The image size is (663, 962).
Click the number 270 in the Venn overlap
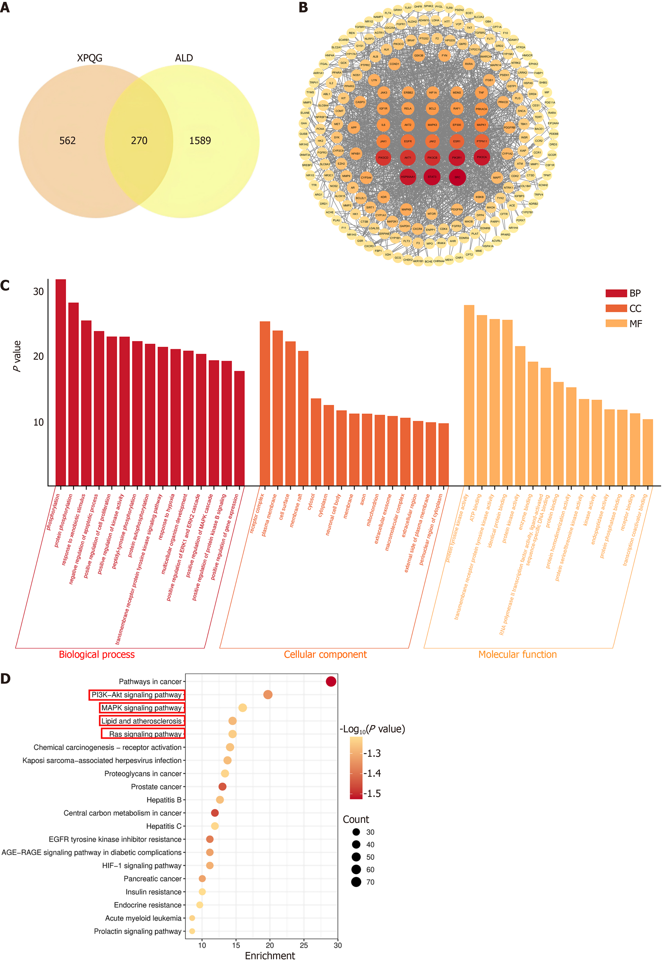[139, 141]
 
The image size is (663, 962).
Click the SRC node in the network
[457, 177]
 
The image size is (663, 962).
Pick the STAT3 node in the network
[432, 177]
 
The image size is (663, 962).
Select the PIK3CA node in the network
[481, 157]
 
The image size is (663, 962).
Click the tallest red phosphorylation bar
[61, 382]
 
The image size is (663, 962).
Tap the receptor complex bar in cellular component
[265, 403]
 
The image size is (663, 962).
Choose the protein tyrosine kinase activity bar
[469, 395]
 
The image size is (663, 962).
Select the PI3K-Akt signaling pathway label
[137, 695]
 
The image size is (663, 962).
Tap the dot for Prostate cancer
[222, 786]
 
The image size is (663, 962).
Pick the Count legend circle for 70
[356, 882]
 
